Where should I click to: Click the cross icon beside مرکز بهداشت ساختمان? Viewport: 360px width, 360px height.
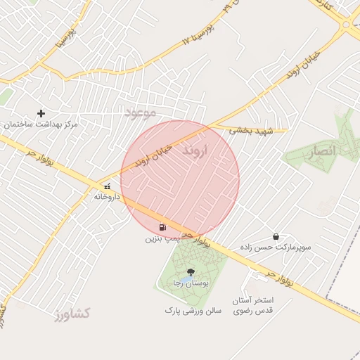pyautogui.click(x=41, y=113)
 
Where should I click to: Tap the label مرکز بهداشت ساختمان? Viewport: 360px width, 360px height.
pyautogui.click(x=41, y=124)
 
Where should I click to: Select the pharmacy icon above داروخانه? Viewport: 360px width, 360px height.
pyautogui.click(x=107, y=186)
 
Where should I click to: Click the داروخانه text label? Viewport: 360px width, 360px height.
pyautogui.click(x=107, y=197)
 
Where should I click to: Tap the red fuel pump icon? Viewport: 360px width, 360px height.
pyautogui.click(x=163, y=227)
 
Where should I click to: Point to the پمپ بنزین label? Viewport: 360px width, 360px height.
pyautogui.click(x=163, y=239)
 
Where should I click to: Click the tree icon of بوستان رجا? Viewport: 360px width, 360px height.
pyautogui.click(x=189, y=272)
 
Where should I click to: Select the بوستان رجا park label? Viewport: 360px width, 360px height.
pyautogui.click(x=189, y=283)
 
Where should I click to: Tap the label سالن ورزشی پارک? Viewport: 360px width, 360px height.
pyautogui.click(x=193, y=309)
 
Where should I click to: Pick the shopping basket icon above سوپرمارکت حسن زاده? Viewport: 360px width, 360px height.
pyautogui.click(x=275, y=237)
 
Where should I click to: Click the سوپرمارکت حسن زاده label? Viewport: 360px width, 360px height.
pyautogui.click(x=274, y=248)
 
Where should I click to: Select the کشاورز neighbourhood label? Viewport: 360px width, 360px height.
pyautogui.click(x=71, y=314)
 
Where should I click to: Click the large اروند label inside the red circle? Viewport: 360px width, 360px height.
pyautogui.click(x=195, y=151)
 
